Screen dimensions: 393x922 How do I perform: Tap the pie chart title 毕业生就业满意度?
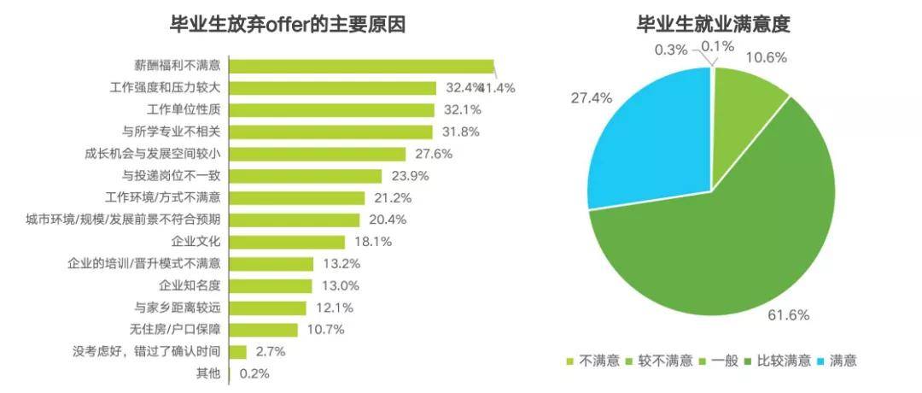(x=714, y=25)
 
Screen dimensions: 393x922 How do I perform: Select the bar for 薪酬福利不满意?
(x=363, y=67)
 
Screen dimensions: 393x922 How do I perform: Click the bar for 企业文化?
(x=288, y=242)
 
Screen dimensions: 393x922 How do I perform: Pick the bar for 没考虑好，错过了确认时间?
(x=238, y=351)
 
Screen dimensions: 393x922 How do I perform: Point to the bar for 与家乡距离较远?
(x=268, y=308)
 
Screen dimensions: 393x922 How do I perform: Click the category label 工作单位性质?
(x=184, y=110)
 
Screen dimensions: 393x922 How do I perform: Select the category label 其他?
(x=208, y=373)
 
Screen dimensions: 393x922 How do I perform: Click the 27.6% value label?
(x=433, y=154)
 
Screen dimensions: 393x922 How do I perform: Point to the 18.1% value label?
(x=372, y=242)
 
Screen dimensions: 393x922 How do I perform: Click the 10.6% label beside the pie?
(x=767, y=58)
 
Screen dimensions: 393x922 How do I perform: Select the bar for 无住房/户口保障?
(x=264, y=330)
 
